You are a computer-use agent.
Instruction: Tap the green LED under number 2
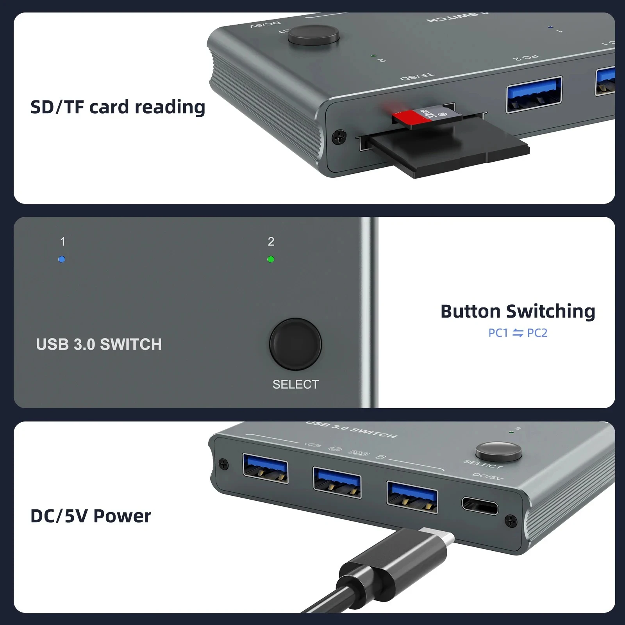[271, 259]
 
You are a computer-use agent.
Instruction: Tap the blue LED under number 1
[62, 259]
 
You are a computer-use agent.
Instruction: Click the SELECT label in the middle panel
[295, 384]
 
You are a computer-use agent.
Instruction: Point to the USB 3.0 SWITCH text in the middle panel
[99, 345]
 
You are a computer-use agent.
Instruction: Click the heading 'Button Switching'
[518, 312]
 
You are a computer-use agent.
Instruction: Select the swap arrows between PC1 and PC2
[518, 333]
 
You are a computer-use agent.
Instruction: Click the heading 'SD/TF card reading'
[118, 107]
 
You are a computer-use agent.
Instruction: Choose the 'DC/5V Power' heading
[91, 516]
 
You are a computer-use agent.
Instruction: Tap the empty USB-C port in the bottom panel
[480, 506]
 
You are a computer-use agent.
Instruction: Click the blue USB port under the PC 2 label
[534, 95]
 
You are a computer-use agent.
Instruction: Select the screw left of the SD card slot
[339, 137]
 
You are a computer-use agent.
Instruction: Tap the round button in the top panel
[314, 36]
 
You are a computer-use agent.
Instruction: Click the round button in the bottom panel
[498, 452]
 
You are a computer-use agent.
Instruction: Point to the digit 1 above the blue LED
[62, 242]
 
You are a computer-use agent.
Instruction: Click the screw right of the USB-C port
[511, 520]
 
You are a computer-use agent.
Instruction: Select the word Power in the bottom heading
[122, 516]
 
